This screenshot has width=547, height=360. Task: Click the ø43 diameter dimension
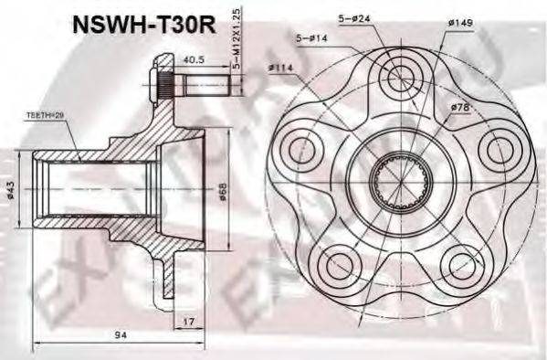pos(10,189)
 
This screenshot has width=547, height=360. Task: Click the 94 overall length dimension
pos(121,336)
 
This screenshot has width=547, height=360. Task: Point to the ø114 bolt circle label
pos(279,67)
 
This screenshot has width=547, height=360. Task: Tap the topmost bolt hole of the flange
pos(399,79)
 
